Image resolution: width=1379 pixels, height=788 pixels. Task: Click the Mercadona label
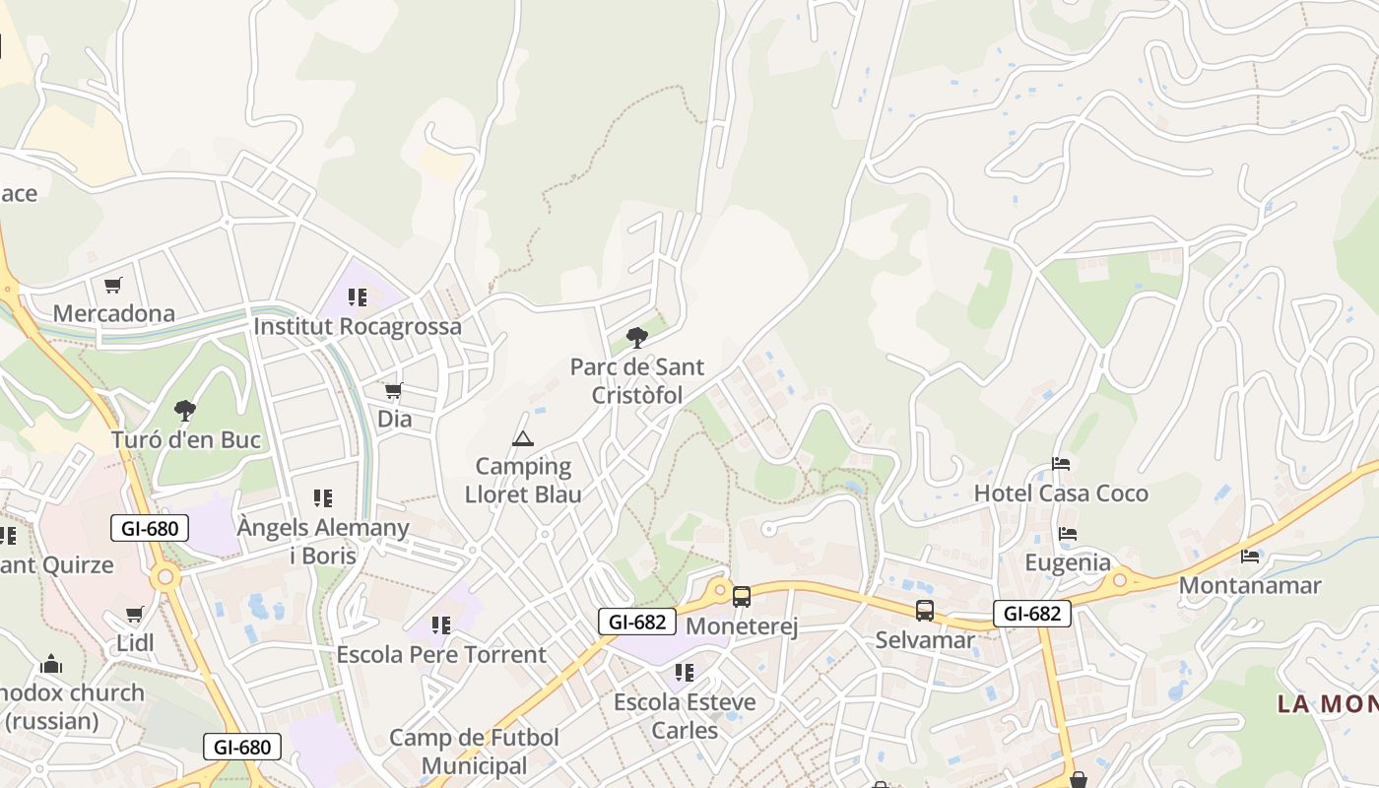point(113,313)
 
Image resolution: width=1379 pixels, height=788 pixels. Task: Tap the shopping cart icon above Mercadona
point(113,286)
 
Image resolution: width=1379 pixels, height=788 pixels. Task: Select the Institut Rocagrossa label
point(358,326)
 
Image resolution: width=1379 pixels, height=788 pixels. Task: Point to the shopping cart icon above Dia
point(394,391)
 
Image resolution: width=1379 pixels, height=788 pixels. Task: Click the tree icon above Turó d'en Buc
point(184,411)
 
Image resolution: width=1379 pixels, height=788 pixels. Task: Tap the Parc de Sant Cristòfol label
point(637,380)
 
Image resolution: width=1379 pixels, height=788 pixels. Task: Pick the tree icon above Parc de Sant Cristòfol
point(637,338)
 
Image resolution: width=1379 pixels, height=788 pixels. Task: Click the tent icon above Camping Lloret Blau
point(523,438)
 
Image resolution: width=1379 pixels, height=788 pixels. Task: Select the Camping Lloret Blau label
point(523,480)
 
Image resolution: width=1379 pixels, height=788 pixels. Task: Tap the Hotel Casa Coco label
point(1061,492)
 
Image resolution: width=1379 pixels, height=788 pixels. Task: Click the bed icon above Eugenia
point(1068,534)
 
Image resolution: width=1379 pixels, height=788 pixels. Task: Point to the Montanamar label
point(1250,585)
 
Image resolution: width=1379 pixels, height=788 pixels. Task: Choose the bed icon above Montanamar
point(1250,557)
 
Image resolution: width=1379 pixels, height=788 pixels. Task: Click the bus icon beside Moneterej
point(742,597)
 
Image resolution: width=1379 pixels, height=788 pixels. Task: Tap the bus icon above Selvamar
point(925,611)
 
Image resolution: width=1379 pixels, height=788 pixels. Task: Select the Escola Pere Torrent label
point(441,654)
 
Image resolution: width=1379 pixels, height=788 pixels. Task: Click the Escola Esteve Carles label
point(685,716)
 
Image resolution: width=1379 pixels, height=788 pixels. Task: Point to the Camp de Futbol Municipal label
point(474,751)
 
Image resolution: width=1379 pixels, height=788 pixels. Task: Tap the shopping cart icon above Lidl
point(135,615)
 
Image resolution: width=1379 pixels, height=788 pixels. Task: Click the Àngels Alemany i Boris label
point(323,541)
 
